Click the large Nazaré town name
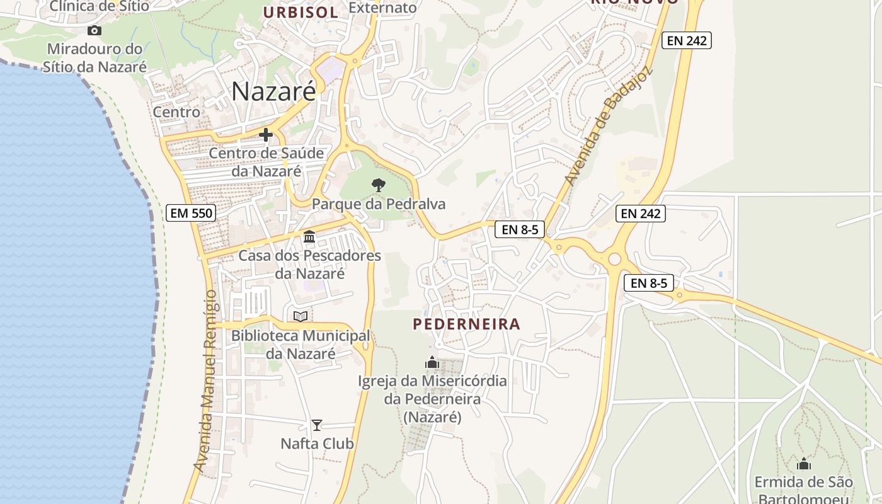coord(273,91)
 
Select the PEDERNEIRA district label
coord(467,324)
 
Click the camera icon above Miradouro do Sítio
coord(94,30)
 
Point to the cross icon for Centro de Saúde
coord(266,134)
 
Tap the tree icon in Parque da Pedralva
coord(379,185)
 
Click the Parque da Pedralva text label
coord(379,204)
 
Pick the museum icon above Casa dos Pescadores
coord(309,237)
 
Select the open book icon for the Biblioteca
coord(301,316)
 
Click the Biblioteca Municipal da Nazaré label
coord(301,345)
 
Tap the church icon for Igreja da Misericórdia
coord(432,362)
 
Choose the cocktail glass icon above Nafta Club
coord(317,425)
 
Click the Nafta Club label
coord(317,444)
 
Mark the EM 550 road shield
coord(192,213)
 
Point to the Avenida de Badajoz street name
coord(609,126)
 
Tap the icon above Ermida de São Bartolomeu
coord(803,464)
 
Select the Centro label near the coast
coord(176,112)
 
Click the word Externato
coord(382,8)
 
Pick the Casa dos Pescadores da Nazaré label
coord(309,265)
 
